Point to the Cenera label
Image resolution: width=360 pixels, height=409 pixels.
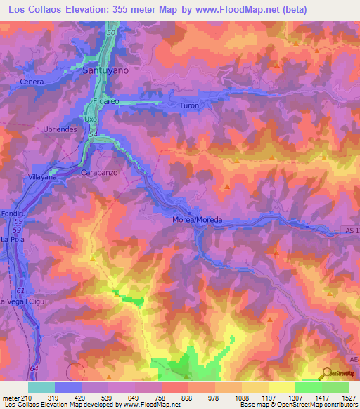(33, 82)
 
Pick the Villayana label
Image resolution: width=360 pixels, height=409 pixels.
(41, 178)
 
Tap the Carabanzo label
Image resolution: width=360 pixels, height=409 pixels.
(98, 172)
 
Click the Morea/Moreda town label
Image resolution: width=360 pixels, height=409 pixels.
(197, 220)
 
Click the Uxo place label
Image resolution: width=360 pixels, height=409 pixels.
(90, 119)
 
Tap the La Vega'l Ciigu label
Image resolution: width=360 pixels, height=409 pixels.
(21, 302)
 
